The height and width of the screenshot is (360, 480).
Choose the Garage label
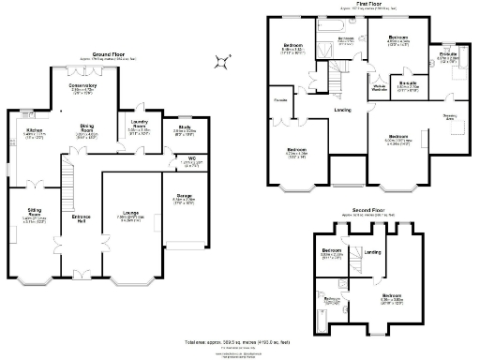[x=184, y=197]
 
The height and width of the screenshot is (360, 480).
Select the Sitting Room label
[x=34, y=216]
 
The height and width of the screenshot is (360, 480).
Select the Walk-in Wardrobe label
[x=381, y=89]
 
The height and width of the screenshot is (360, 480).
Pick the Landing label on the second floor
[x=372, y=251]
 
